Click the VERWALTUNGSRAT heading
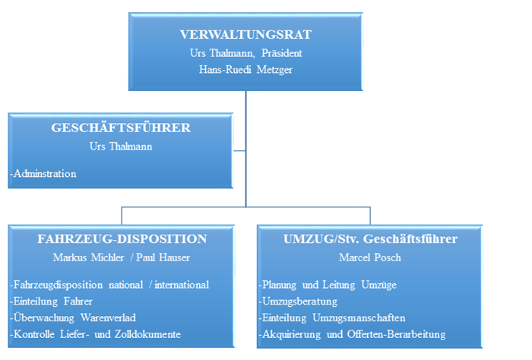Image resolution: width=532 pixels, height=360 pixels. coord(245,35)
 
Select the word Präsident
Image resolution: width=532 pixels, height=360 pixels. coord(282,53)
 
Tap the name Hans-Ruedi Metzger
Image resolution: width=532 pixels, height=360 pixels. coord(245,69)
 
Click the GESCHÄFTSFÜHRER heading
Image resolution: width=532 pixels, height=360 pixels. coord(121,128)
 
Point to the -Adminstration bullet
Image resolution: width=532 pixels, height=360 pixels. coord(43,174)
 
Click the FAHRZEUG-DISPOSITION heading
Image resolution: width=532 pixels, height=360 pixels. coord(122,238)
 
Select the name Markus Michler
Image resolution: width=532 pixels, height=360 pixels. coord(88,257)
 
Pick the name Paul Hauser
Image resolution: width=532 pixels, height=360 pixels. coord(163,257)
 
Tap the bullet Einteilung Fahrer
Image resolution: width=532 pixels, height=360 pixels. coord(51,301)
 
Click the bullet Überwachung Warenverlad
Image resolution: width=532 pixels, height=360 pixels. coord(73,317)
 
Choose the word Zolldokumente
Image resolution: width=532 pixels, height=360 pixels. coord(147,334)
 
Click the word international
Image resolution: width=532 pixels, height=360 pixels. coord(182,285)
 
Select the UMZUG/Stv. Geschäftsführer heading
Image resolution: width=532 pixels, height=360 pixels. coord(370,239)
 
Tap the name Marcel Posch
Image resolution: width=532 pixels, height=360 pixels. coord(370,257)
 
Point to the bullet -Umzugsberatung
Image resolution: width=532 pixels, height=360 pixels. coord(298,302)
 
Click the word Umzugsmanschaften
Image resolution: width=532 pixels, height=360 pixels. coord(359,318)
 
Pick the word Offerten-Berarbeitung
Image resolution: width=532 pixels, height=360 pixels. coord(396,335)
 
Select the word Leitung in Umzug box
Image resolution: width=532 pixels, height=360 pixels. coord(339,285)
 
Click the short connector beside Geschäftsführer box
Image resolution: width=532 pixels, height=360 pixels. coord(239,151)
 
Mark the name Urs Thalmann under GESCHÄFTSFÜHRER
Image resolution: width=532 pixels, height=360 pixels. coord(121,146)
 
